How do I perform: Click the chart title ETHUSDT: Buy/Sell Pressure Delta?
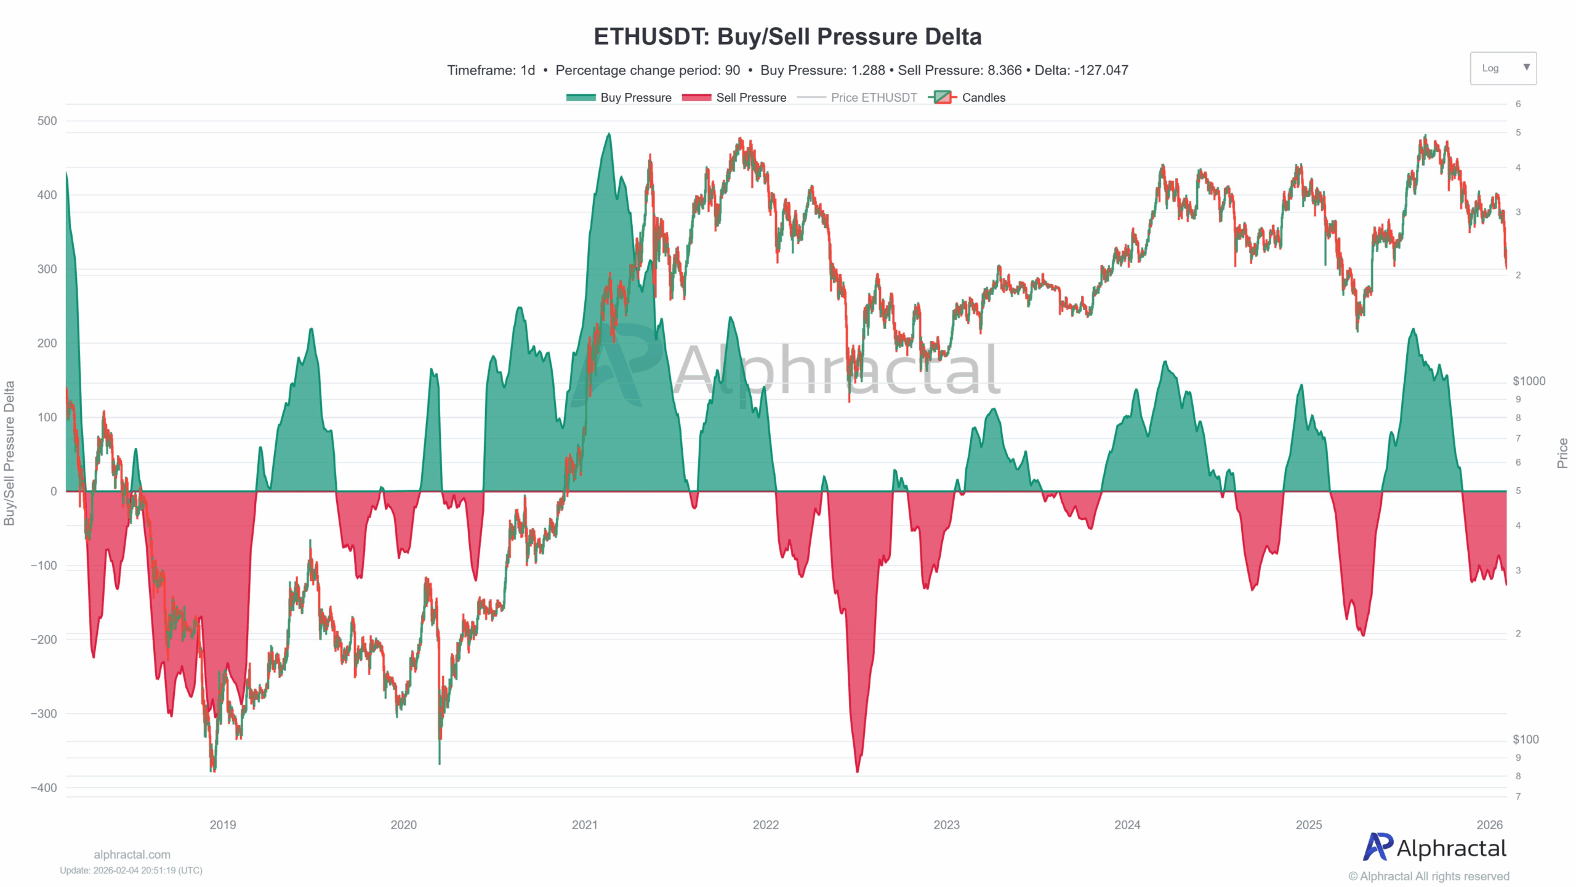[787, 37]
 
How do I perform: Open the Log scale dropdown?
[1503, 68]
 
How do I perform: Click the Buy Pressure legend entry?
[619, 97]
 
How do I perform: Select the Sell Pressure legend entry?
[734, 97]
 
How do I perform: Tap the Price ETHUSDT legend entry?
[857, 97]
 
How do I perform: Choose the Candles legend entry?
[970, 97]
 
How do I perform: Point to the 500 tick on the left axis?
[47, 121]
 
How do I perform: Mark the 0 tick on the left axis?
[54, 492]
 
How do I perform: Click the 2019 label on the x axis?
[222, 825]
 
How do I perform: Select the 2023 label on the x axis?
[946, 825]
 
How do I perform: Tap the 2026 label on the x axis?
[1490, 825]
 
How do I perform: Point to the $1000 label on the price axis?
[1529, 381]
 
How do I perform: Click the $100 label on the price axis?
[1526, 739]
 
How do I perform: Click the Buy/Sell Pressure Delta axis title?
[9, 453]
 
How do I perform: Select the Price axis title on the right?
[1562, 453]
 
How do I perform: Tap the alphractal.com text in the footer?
[132, 854]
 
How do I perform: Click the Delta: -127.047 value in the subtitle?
[1081, 70]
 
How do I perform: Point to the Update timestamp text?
[131, 870]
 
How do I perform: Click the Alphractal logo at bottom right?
[1434, 848]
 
